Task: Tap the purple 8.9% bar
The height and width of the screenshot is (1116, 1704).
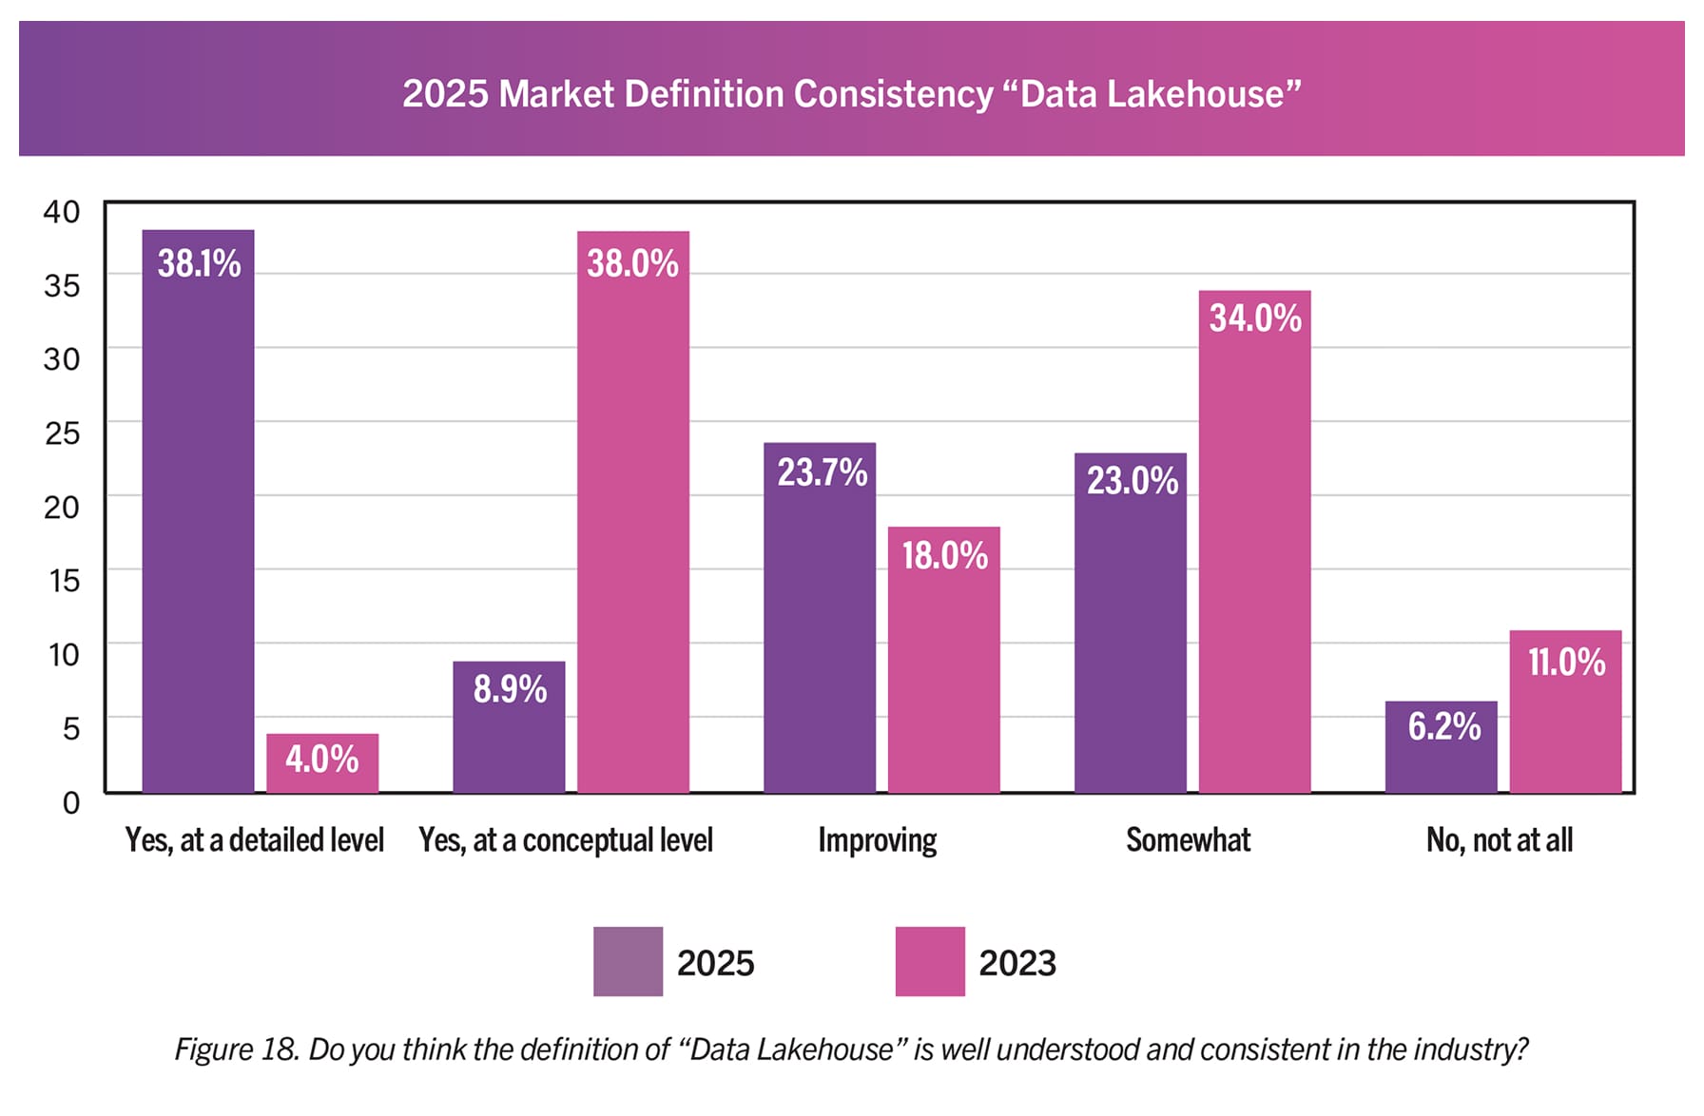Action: pyautogui.click(x=509, y=727)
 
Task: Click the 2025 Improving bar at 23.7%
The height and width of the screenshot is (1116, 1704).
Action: pyautogui.click(x=820, y=618)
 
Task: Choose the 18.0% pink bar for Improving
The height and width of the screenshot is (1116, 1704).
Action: pyautogui.click(x=944, y=660)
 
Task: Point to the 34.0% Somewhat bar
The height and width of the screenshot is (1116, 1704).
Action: pyautogui.click(x=1255, y=542)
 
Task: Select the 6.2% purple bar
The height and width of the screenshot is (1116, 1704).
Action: pyautogui.click(x=1441, y=747)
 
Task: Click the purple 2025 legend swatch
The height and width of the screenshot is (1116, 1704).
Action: pyautogui.click(x=628, y=961)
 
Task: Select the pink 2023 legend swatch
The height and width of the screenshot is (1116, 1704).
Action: pyautogui.click(x=930, y=961)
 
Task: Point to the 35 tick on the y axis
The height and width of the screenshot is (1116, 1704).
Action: pyautogui.click(x=62, y=285)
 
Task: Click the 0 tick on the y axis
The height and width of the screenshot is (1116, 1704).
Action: pyautogui.click(x=70, y=802)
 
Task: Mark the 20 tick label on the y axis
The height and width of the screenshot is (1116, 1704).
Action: pyautogui.click(x=62, y=507)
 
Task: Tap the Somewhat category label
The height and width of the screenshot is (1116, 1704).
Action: pyautogui.click(x=1189, y=840)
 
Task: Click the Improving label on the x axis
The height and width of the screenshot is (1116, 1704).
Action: pyautogui.click(x=878, y=840)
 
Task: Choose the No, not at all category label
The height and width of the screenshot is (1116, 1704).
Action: pyautogui.click(x=1500, y=840)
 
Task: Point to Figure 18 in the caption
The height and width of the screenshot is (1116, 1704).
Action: pyautogui.click(x=237, y=1049)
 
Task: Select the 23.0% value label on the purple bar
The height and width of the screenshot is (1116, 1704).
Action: pyautogui.click(x=1133, y=481)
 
